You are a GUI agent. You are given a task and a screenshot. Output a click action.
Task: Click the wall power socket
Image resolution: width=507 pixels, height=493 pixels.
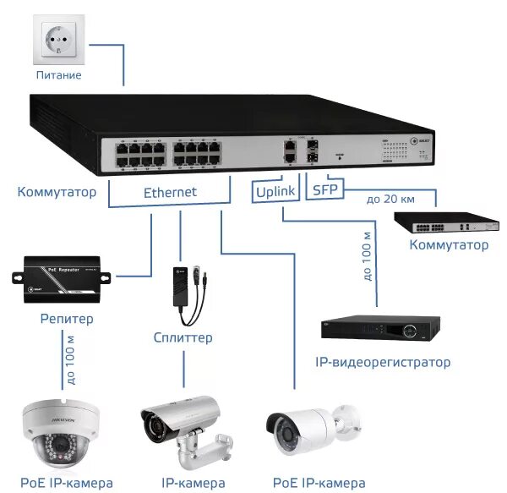tap(59, 41)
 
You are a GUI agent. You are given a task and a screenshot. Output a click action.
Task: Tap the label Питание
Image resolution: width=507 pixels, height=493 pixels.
tap(59, 76)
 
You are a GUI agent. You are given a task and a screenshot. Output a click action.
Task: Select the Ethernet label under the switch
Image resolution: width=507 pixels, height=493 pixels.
tap(170, 192)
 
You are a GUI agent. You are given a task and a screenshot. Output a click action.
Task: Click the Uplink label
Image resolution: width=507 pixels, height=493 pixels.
tap(275, 192)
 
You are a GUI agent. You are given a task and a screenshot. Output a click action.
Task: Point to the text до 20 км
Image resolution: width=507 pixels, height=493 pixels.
tap(390, 200)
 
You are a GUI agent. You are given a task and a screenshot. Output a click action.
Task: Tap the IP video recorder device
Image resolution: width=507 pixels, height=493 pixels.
tap(381, 329)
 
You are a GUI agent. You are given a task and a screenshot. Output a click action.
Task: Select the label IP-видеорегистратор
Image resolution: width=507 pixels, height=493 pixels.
tap(383, 362)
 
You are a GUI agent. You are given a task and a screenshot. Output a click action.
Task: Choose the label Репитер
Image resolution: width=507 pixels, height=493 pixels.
tap(67, 319)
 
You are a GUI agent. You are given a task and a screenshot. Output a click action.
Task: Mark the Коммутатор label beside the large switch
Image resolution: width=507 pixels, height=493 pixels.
tap(57, 192)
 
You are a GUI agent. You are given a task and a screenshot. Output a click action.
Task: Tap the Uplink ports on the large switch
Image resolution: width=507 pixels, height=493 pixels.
tap(291, 151)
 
